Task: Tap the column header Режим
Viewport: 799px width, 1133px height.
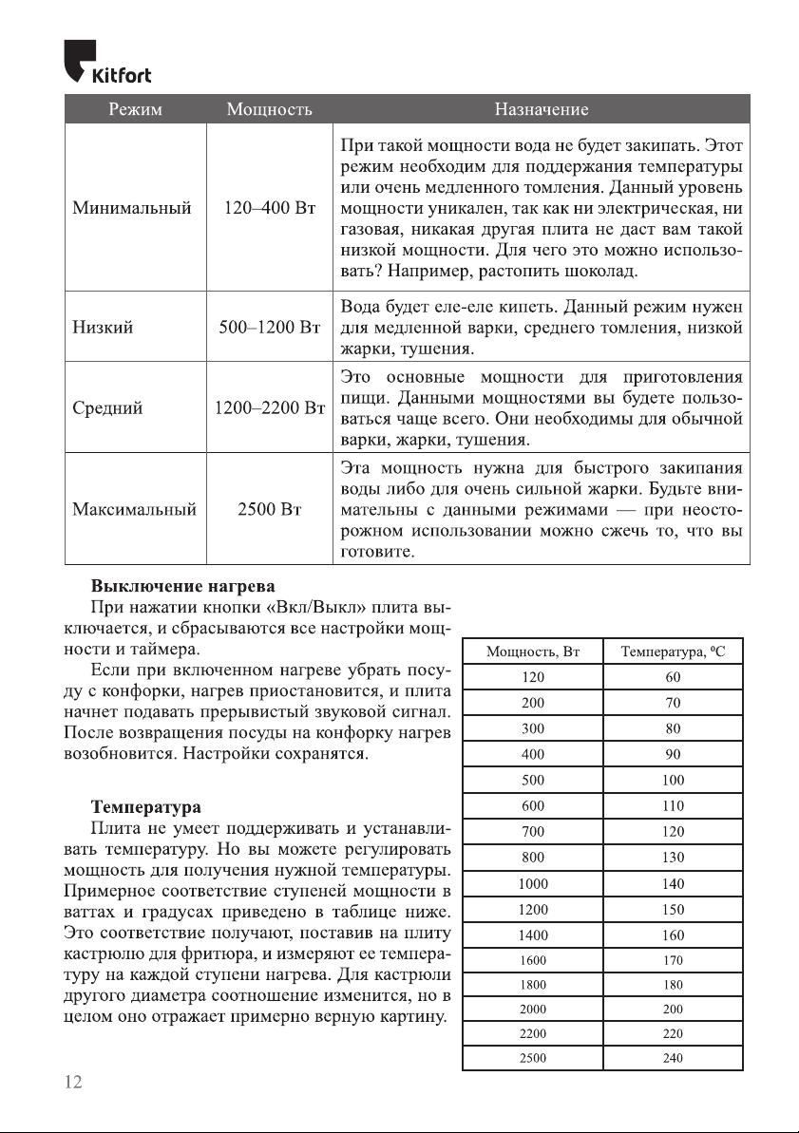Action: click(135, 110)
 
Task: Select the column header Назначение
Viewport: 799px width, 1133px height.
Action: click(541, 110)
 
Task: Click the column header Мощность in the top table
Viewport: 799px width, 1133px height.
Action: click(270, 110)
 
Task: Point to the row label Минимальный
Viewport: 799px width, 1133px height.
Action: click(133, 206)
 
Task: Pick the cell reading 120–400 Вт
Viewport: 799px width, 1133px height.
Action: click(270, 206)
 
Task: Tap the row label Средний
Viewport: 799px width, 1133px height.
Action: click(108, 408)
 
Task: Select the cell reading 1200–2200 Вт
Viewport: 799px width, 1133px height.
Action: click(270, 408)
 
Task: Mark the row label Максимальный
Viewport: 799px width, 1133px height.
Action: click(135, 509)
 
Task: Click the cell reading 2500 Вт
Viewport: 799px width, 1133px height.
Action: click(270, 509)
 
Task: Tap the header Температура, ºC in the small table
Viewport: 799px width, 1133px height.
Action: click(673, 651)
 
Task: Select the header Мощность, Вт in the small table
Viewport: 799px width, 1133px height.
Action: click(533, 651)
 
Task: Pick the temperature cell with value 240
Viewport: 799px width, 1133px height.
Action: click(673, 1058)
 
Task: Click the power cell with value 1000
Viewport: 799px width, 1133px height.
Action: click(533, 883)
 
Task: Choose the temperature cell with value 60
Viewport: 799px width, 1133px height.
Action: click(673, 677)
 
